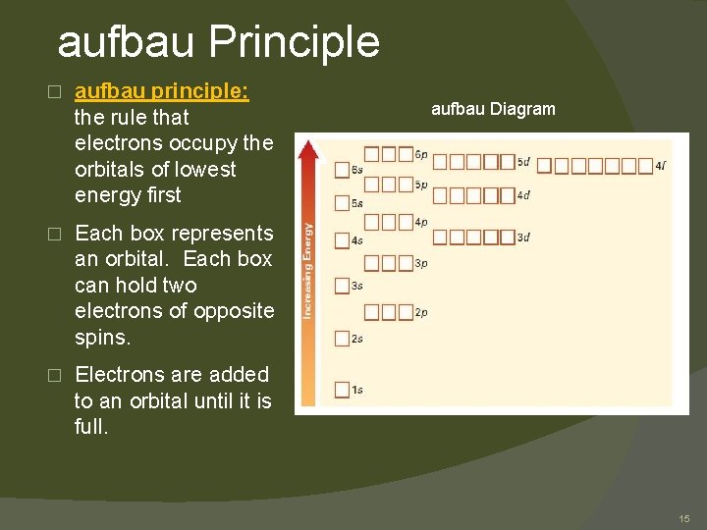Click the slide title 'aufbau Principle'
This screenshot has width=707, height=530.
click(218, 42)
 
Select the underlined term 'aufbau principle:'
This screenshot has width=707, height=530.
click(162, 91)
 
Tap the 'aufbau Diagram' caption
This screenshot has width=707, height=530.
click(493, 109)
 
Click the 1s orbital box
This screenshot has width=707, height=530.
click(342, 390)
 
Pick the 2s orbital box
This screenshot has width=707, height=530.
click(342, 339)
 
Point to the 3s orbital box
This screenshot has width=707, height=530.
click(342, 287)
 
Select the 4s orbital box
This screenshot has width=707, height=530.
click(342, 240)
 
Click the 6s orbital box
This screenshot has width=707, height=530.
click(342, 170)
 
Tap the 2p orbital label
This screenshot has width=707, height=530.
click(421, 313)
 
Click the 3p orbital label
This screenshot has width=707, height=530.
click(421, 263)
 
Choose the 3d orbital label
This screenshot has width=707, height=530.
click(523, 238)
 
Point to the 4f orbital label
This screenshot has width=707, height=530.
click(661, 166)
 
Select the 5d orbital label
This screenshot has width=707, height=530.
click(523, 162)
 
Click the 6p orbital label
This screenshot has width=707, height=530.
click(421, 155)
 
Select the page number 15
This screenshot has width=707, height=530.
click(684, 517)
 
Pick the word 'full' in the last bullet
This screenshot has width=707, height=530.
click(91, 428)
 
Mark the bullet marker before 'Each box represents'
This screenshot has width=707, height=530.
click(55, 234)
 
